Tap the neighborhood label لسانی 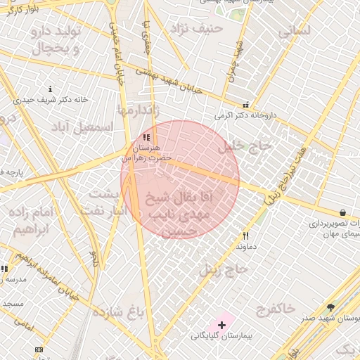(x=293, y=32)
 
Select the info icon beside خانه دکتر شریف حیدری (x=50, y=89)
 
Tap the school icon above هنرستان (x=146, y=138)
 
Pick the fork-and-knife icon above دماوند (x=245, y=236)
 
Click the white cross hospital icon (x=222, y=325)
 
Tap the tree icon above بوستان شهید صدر (x=330, y=307)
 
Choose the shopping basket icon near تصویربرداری (x=342, y=212)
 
